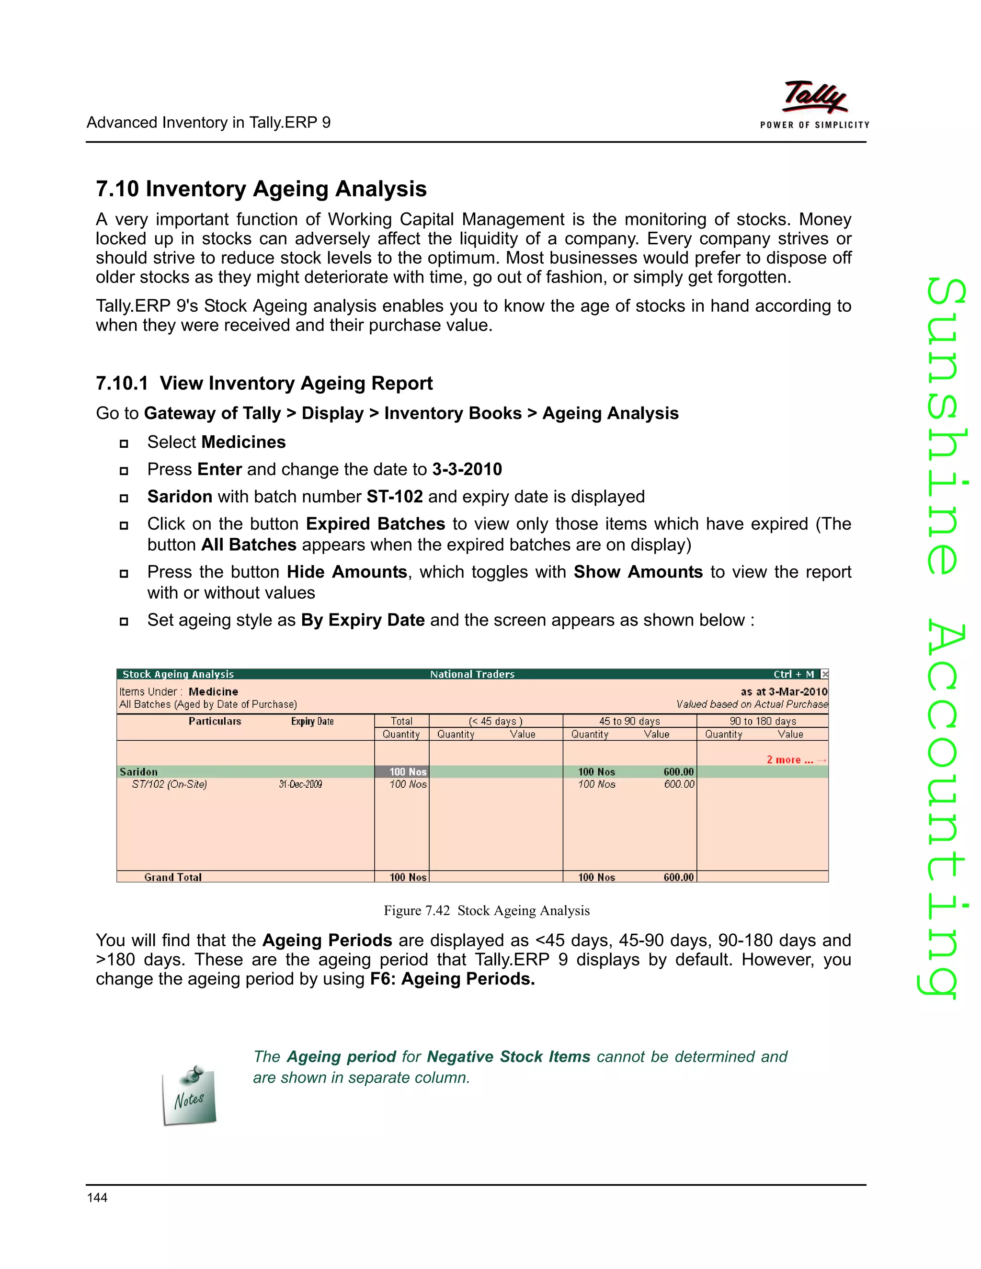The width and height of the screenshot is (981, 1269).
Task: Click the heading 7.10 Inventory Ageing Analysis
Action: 261,189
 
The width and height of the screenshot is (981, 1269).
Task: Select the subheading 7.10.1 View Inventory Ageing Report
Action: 264,384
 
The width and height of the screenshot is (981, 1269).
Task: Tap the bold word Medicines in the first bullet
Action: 243,442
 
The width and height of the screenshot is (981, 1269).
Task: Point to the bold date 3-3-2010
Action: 467,469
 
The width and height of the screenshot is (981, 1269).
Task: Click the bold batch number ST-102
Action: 395,497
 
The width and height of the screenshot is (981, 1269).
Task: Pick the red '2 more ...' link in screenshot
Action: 790,760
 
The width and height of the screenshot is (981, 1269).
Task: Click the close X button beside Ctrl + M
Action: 824,674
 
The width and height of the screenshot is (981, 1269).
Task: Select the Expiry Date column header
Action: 312,721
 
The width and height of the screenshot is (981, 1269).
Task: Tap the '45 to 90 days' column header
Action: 629,721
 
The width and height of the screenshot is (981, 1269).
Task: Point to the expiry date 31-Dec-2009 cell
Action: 300,784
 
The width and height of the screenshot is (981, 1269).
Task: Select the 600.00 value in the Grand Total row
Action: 678,877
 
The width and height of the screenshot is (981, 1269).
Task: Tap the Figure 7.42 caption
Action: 487,910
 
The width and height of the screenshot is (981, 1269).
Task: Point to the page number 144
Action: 97,1198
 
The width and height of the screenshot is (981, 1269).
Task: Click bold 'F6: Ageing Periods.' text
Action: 453,979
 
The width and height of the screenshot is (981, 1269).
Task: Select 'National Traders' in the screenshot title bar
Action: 472,674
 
